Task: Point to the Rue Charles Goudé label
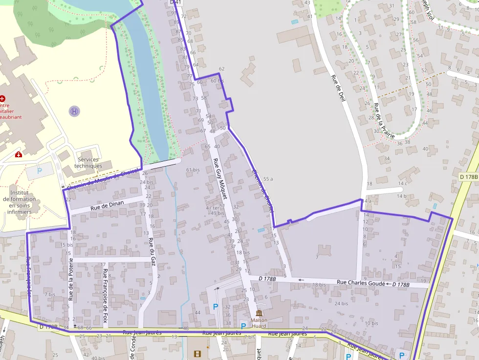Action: coord(361,282)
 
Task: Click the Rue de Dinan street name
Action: coord(108,206)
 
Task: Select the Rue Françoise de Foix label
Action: coord(105,295)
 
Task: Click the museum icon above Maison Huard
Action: coord(259,313)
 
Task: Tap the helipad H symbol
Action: coord(74,111)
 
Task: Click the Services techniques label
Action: coord(88,163)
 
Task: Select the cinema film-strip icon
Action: coord(196,354)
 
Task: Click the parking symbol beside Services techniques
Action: coord(40,171)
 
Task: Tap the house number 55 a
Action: coord(268,179)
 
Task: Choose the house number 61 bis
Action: coord(193,170)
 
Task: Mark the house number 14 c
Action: coord(402,184)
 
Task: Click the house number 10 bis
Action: coord(371,323)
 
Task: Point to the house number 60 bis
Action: coord(217,81)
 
